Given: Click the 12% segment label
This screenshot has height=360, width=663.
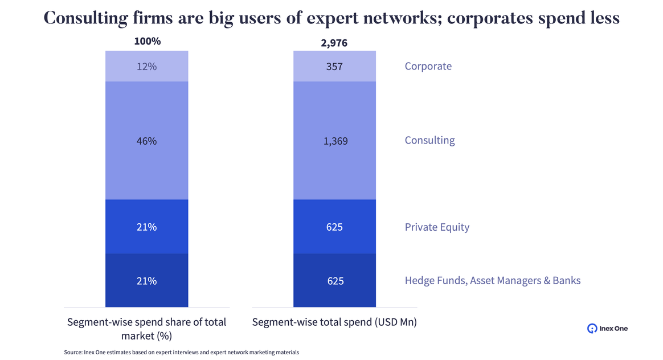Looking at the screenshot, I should click(146, 66).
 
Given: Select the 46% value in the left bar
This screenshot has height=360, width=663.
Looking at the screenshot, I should click(146, 141).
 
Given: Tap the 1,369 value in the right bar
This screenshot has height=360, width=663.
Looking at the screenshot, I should click(334, 141).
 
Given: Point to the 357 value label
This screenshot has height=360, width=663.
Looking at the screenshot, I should click(334, 66).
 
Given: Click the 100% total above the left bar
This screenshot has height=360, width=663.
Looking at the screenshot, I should click(147, 42).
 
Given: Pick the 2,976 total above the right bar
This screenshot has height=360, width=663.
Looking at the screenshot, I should click(334, 43).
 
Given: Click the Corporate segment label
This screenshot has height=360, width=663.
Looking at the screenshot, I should click(428, 66).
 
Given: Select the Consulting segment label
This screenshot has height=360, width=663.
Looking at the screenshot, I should click(429, 140).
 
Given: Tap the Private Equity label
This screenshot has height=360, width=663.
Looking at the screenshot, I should click(437, 227).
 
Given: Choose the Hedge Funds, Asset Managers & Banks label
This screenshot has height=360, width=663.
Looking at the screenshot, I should click(492, 280).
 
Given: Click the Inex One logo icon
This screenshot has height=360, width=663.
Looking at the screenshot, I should click(592, 328).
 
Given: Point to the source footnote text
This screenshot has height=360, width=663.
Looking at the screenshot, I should click(181, 353).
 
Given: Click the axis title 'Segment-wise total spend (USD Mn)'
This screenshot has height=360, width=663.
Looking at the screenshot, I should click(334, 322).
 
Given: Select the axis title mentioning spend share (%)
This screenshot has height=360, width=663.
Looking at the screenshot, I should click(146, 329).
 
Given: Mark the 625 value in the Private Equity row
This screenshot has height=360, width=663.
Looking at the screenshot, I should click(334, 227).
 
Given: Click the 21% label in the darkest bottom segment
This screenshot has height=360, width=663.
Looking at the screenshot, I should click(146, 281).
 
